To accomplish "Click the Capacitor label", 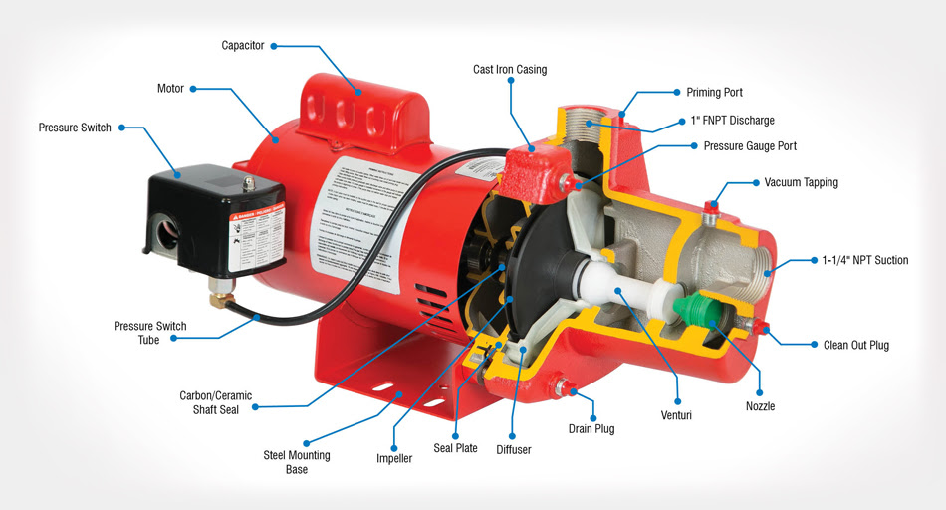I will coord(244,45).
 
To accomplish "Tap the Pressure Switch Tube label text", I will coord(149,333).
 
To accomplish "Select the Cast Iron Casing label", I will coord(509,70).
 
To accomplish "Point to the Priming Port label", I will coord(714,93).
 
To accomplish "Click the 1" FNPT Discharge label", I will coord(732,121).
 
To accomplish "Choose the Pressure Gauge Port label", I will coord(750,146).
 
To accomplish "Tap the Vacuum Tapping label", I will coord(801,183).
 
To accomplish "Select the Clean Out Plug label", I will coord(855,346).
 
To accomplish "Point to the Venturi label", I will coord(676,414).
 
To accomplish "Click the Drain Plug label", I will coord(593,429).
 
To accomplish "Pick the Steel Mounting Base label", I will coord(296,462).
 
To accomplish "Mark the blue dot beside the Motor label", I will coord(194,88).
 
